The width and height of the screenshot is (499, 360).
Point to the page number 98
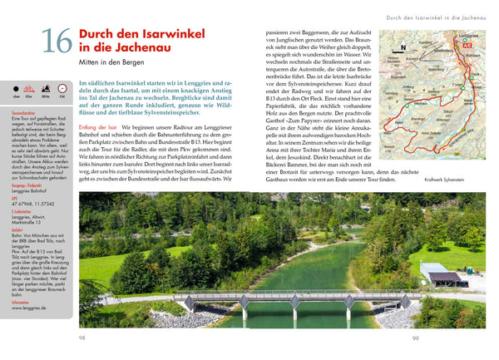[82, 338]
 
